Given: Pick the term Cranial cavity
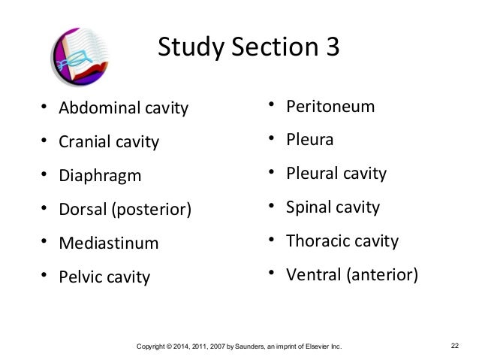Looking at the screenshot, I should pos(110,141).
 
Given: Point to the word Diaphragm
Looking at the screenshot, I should pos(101,176).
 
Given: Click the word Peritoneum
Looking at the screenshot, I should pos(330,106).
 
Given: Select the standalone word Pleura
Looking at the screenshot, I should pos(310,140).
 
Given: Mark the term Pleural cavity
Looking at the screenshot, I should pos(336,174).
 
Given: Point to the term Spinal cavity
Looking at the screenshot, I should pos(333,207).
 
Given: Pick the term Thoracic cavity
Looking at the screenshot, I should pos(342,241).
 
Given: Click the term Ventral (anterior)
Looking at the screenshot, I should pos(351,275).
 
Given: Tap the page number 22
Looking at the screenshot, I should pos(455,346).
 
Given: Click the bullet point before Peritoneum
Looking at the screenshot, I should pos(273,106).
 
